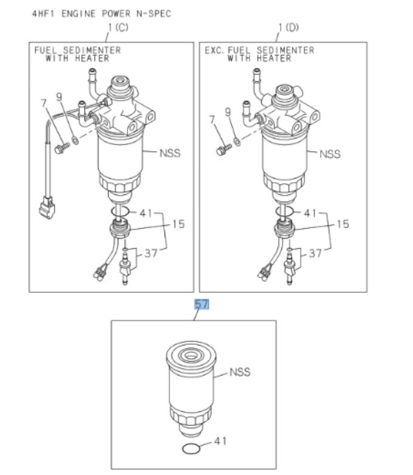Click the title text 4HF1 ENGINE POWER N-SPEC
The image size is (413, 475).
point(101,13)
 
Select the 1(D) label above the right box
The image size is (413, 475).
point(289,27)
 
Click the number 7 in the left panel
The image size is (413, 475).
point(44,104)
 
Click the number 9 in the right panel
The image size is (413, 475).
point(228,112)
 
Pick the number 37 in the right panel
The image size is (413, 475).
point(316,253)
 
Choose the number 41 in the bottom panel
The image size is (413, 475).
point(220,441)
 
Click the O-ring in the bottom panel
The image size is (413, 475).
point(191,449)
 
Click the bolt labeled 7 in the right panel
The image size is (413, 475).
point(222,150)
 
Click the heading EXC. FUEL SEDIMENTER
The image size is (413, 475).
point(259,50)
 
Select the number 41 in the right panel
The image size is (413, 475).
point(310,213)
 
